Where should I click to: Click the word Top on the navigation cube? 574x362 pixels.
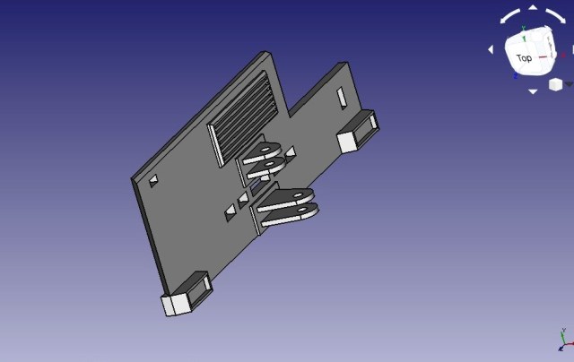point(524,57)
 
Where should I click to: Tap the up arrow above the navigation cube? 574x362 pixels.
point(533,7)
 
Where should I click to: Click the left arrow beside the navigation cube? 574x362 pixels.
point(491,49)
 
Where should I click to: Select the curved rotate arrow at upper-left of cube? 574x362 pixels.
point(509,16)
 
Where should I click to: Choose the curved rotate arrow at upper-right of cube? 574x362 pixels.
point(556,16)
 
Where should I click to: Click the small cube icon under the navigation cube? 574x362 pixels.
point(555,84)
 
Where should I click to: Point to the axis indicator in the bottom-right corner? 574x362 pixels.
point(566,340)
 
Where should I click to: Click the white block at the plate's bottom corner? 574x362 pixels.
point(178,305)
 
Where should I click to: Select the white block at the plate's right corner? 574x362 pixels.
point(347,142)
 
